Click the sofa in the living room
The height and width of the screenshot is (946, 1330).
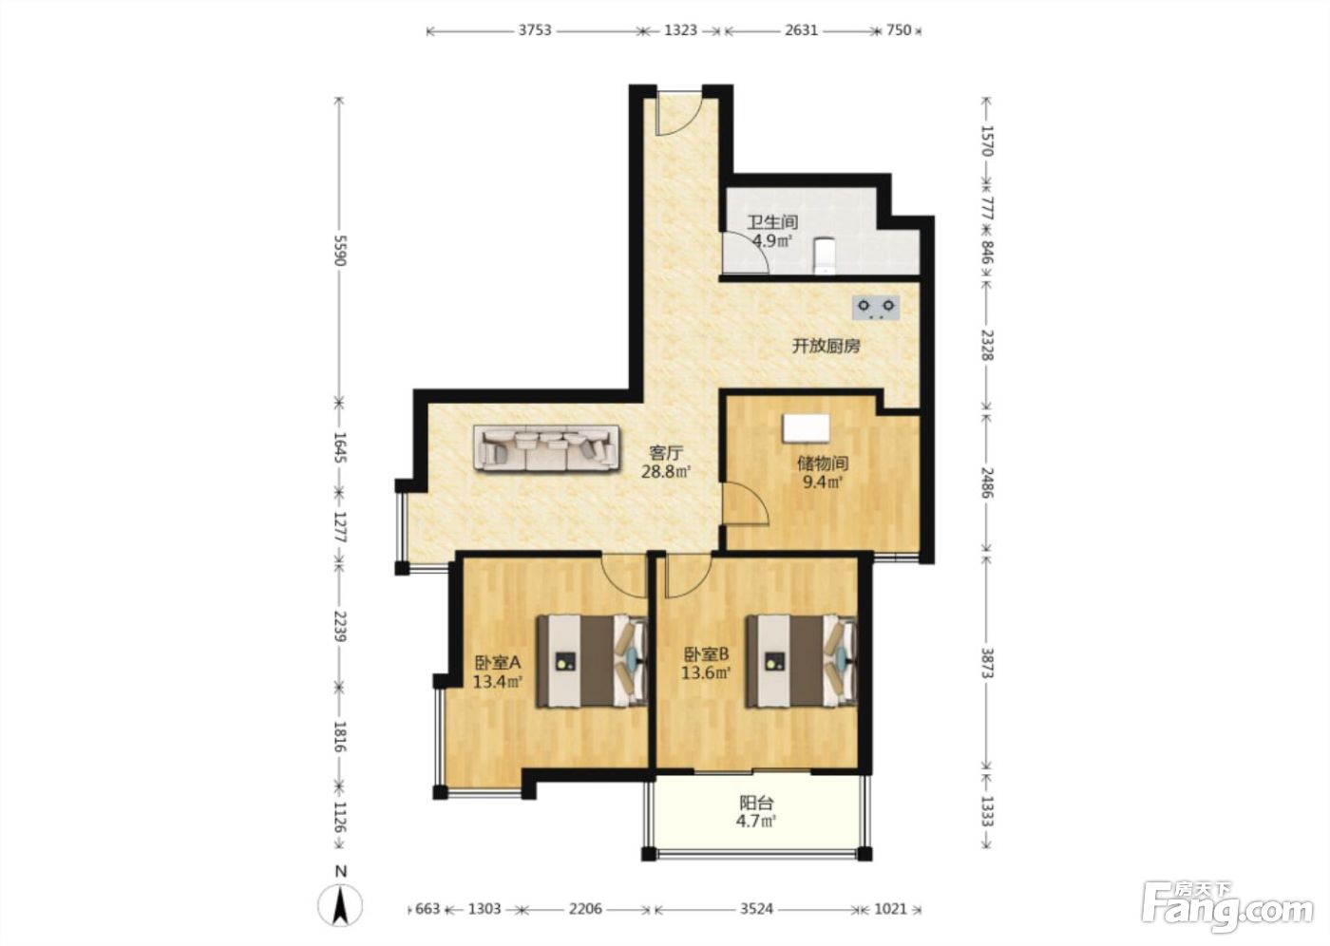pos(547,448)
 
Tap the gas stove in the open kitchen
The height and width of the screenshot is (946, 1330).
pos(876,308)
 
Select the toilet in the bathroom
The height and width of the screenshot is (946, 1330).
pos(824,255)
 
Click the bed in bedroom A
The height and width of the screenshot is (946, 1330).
pos(592,661)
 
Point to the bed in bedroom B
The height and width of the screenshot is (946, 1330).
pos(802,661)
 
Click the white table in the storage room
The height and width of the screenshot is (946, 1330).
pos(806,428)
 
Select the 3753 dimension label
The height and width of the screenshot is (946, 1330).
pos(535,30)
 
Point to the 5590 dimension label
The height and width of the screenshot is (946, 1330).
pos(340,251)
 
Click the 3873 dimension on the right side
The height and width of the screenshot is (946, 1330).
pos(986,663)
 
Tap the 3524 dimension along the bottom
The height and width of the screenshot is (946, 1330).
pos(756,909)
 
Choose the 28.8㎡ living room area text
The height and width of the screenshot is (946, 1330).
pos(666,472)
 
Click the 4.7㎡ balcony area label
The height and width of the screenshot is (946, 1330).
pos(756,822)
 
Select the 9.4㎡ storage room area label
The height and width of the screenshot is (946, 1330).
pos(823,482)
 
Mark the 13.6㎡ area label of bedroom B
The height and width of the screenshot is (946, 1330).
pos(705,673)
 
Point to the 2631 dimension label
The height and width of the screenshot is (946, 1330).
pos(801,30)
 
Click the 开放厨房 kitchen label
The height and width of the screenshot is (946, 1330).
pos(826,346)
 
